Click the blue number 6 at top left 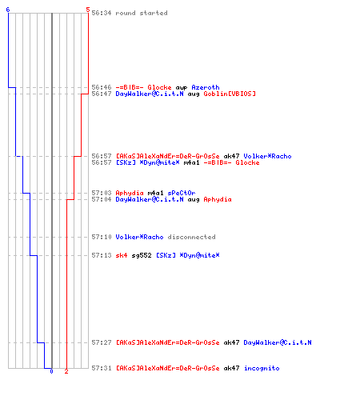[x=8, y=10]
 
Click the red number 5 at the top [x=88, y=10]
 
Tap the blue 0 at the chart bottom [x=51, y=371]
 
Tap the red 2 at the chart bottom [x=66, y=371]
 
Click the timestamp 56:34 [x=102, y=13]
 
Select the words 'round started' [x=142, y=13]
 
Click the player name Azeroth [x=206, y=87]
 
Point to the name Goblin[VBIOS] [x=230, y=94]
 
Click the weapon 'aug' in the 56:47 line [x=194, y=94]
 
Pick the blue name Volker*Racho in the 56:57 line [x=267, y=156]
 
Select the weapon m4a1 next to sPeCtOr [x=155, y=193]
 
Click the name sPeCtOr [x=182, y=193]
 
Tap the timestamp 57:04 [x=102, y=199]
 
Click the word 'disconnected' [x=191, y=237]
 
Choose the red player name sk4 [x=122, y=255]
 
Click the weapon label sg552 [x=142, y=255]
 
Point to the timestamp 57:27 [x=102, y=342]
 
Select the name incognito [x=262, y=368]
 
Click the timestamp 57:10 [x=102, y=237]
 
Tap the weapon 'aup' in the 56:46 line [x=182, y=88]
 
